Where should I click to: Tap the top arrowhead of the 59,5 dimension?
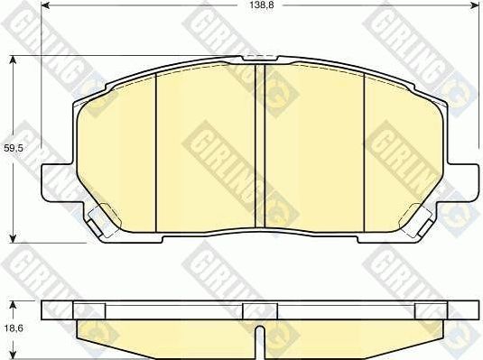[13, 60]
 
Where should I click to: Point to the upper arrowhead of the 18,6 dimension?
[13, 303]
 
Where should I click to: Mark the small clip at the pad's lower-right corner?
[421, 217]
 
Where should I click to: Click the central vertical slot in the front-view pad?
[260, 144]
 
